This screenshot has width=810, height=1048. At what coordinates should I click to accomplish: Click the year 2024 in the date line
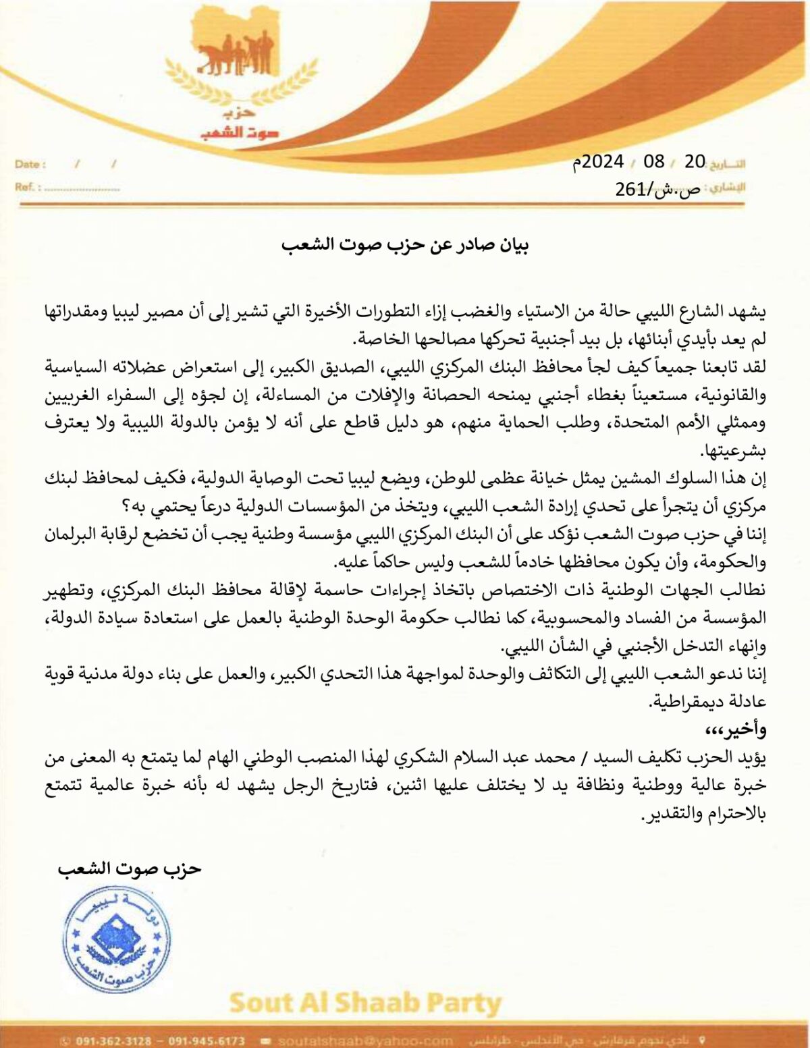tap(602, 161)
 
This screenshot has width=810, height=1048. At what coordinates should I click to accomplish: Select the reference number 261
tap(630, 189)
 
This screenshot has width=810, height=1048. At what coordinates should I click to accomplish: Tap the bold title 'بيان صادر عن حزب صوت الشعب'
tap(405, 244)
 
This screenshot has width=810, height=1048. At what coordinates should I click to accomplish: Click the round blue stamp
tap(116, 939)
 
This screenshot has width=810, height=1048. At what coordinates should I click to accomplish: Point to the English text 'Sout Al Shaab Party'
tap(365, 1003)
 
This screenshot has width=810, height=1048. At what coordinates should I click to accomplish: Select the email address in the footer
tap(364, 1041)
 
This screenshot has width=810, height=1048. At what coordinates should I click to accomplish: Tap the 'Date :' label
tap(30, 164)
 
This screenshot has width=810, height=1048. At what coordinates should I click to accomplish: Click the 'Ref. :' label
tap(28, 187)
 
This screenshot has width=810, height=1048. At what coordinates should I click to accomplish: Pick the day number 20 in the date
tap(695, 161)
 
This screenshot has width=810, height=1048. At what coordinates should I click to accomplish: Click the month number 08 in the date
tap(653, 161)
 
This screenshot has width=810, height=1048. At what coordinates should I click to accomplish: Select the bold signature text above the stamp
tap(130, 868)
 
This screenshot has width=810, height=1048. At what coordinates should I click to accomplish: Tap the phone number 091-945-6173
tap(207, 1041)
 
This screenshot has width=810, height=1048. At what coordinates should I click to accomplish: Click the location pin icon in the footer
tap(703, 1040)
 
